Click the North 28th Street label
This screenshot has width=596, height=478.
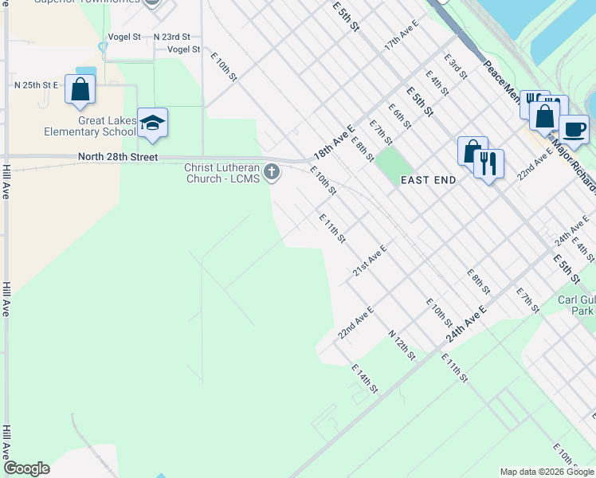pos(118,157)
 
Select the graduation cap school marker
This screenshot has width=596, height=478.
pos(152,123)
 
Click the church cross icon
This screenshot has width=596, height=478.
pos(273,170)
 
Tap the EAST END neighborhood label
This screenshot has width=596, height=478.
pos(428,180)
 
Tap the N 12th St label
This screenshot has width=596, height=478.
pos(402,344)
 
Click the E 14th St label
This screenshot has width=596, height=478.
pos(364,378)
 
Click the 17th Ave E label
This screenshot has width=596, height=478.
pos(401,37)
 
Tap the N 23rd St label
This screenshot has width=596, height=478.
pos(172,37)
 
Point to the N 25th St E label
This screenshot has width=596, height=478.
pos(37,84)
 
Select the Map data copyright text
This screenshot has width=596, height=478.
pos(547,472)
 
